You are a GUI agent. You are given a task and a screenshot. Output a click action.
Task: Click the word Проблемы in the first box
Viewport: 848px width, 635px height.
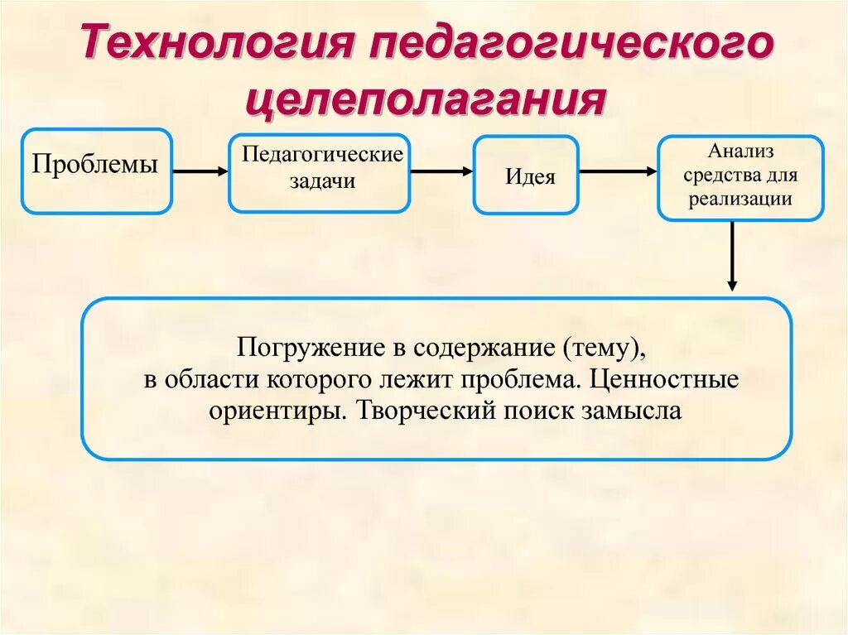pos(95,164)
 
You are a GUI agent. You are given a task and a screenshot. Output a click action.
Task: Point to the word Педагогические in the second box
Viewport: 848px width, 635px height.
pos(322,156)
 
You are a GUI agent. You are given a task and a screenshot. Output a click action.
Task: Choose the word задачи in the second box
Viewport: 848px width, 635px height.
pos(322,181)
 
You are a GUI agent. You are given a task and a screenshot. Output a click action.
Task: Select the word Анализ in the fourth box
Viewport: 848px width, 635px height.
pos(740,152)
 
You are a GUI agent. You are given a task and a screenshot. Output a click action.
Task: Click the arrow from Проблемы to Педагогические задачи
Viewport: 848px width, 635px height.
pos(200,171)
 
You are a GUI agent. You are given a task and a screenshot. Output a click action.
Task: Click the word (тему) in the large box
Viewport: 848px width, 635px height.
pos(604,349)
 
